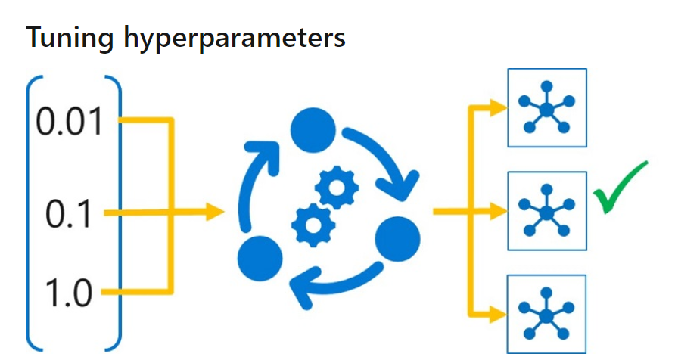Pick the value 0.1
pyautogui.click(x=68, y=214)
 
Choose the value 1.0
pyautogui.click(x=68, y=292)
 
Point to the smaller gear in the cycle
pyautogui.click(x=336, y=186)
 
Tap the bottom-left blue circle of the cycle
pyautogui.click(x=259, y=257)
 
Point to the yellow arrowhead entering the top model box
pyautogui.click(x=497, y=107)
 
